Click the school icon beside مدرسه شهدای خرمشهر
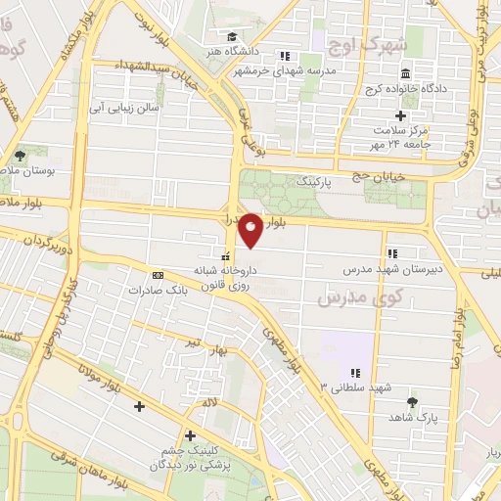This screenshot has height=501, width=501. click(x=286, y=55)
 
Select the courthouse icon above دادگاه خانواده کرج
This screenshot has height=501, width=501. click(x=405, y=74)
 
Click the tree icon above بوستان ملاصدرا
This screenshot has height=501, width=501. click(x=20, y=156)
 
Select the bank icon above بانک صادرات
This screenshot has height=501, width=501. click(x=158, y=275)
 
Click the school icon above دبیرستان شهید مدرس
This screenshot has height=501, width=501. click(x=392, y=251)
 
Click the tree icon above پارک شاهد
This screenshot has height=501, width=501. click(x=411, y=402)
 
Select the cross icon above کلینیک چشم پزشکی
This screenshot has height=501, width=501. click(x=189, y=435)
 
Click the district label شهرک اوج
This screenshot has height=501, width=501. click(x=369, y=44)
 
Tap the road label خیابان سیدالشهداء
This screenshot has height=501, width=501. click(x=137, y=67)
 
